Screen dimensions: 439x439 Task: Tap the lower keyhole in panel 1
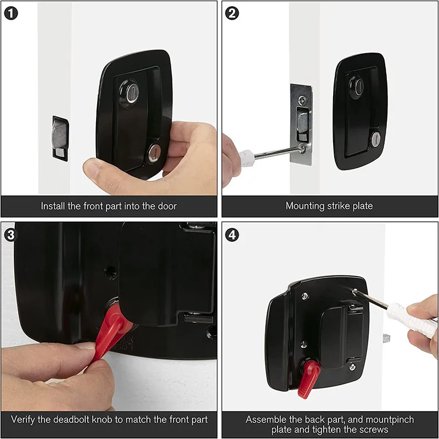(153, 153)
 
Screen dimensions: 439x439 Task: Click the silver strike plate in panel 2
(301, 124)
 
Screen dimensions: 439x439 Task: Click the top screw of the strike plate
(302, 100)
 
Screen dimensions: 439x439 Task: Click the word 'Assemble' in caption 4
(267, 419)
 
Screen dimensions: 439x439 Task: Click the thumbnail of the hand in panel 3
(55, 379)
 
